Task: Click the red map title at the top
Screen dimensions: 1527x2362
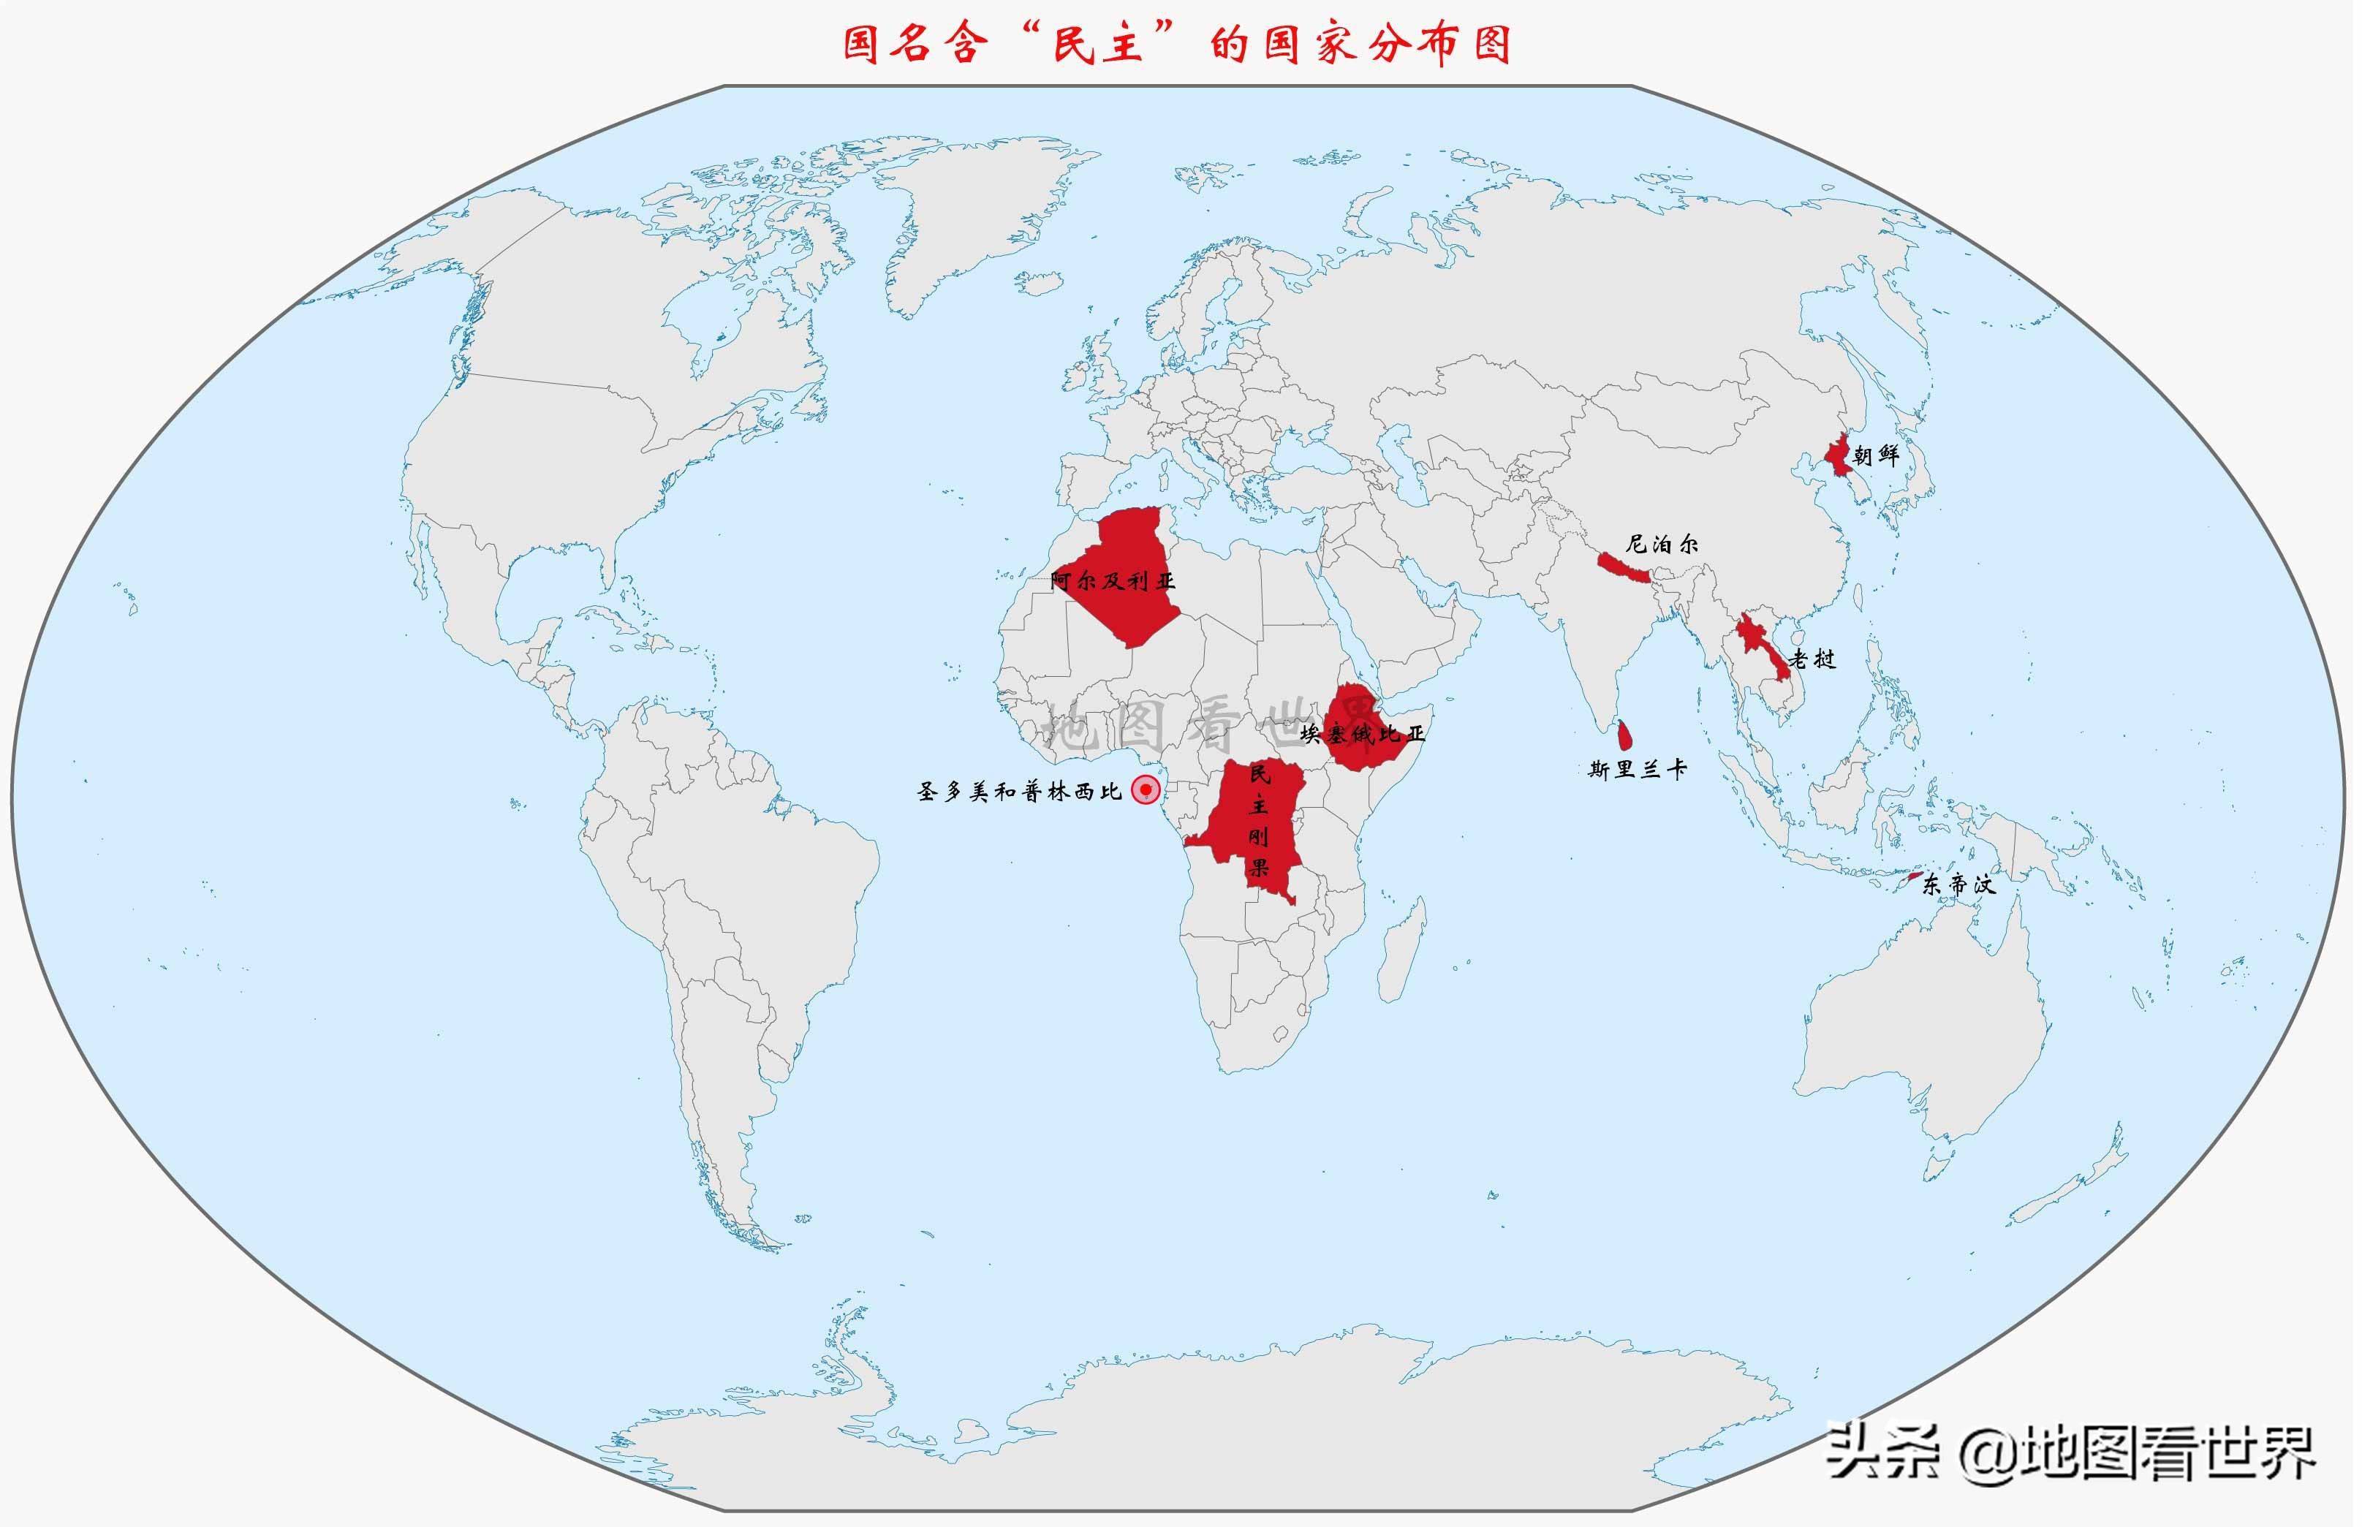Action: (1177, 45)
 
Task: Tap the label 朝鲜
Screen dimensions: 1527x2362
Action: (1876, 455)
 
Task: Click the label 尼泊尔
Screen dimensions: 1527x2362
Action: (1661, 543)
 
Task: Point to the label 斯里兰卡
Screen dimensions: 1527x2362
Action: (1637, 770)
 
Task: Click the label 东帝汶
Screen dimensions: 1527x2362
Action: (1958, 884)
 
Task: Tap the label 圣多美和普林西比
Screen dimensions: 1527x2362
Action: (1019, 791)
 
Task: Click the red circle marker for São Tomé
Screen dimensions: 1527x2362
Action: (1146, 789)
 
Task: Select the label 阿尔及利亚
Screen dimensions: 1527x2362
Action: (1113, 581)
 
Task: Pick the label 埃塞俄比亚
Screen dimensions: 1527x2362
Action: (1363, 734)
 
